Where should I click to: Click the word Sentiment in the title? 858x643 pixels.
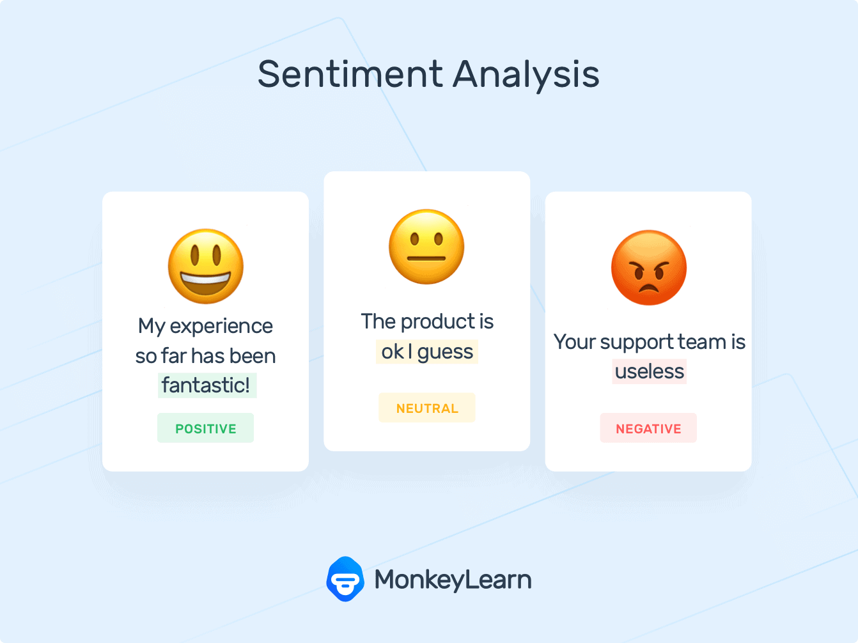350,74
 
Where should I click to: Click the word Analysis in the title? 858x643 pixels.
526,76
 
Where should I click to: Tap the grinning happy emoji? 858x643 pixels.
206,267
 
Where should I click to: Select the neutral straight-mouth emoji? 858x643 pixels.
426,247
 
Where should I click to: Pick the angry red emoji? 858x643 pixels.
649,268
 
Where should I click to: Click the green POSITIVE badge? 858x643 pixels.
206,428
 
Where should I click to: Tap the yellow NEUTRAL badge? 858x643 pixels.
427,408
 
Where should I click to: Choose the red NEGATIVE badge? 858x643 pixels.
648,428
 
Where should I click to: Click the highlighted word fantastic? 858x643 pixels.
207,385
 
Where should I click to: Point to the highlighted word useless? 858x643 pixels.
650,371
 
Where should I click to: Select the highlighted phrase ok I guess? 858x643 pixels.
427,352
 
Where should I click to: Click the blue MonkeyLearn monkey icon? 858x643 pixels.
345,579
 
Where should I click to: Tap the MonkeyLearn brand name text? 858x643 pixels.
453,580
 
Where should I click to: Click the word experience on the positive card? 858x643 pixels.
221,327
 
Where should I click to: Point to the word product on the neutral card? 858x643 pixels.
438,322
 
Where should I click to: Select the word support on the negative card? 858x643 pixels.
637,343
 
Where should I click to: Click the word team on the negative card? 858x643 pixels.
702,342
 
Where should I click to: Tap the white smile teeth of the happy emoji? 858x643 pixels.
205,279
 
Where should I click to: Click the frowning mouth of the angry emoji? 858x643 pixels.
649,289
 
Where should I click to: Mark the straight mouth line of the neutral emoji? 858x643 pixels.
426,258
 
